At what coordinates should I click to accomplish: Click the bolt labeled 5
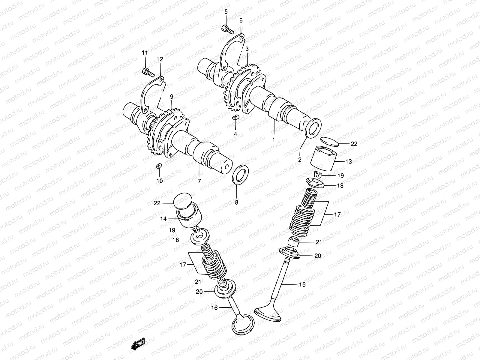click(227, 29)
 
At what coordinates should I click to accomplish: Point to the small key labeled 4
click(235, 117)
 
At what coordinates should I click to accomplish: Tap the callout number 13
click(348, 161)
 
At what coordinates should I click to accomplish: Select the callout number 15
click(302, 284)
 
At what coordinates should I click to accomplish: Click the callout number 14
click(163, 219)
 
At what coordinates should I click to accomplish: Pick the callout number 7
click(199, 181)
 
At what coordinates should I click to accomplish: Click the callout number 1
click(273, 139)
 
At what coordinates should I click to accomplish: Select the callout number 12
click(159, 59)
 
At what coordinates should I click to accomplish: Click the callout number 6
click(241, 20)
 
